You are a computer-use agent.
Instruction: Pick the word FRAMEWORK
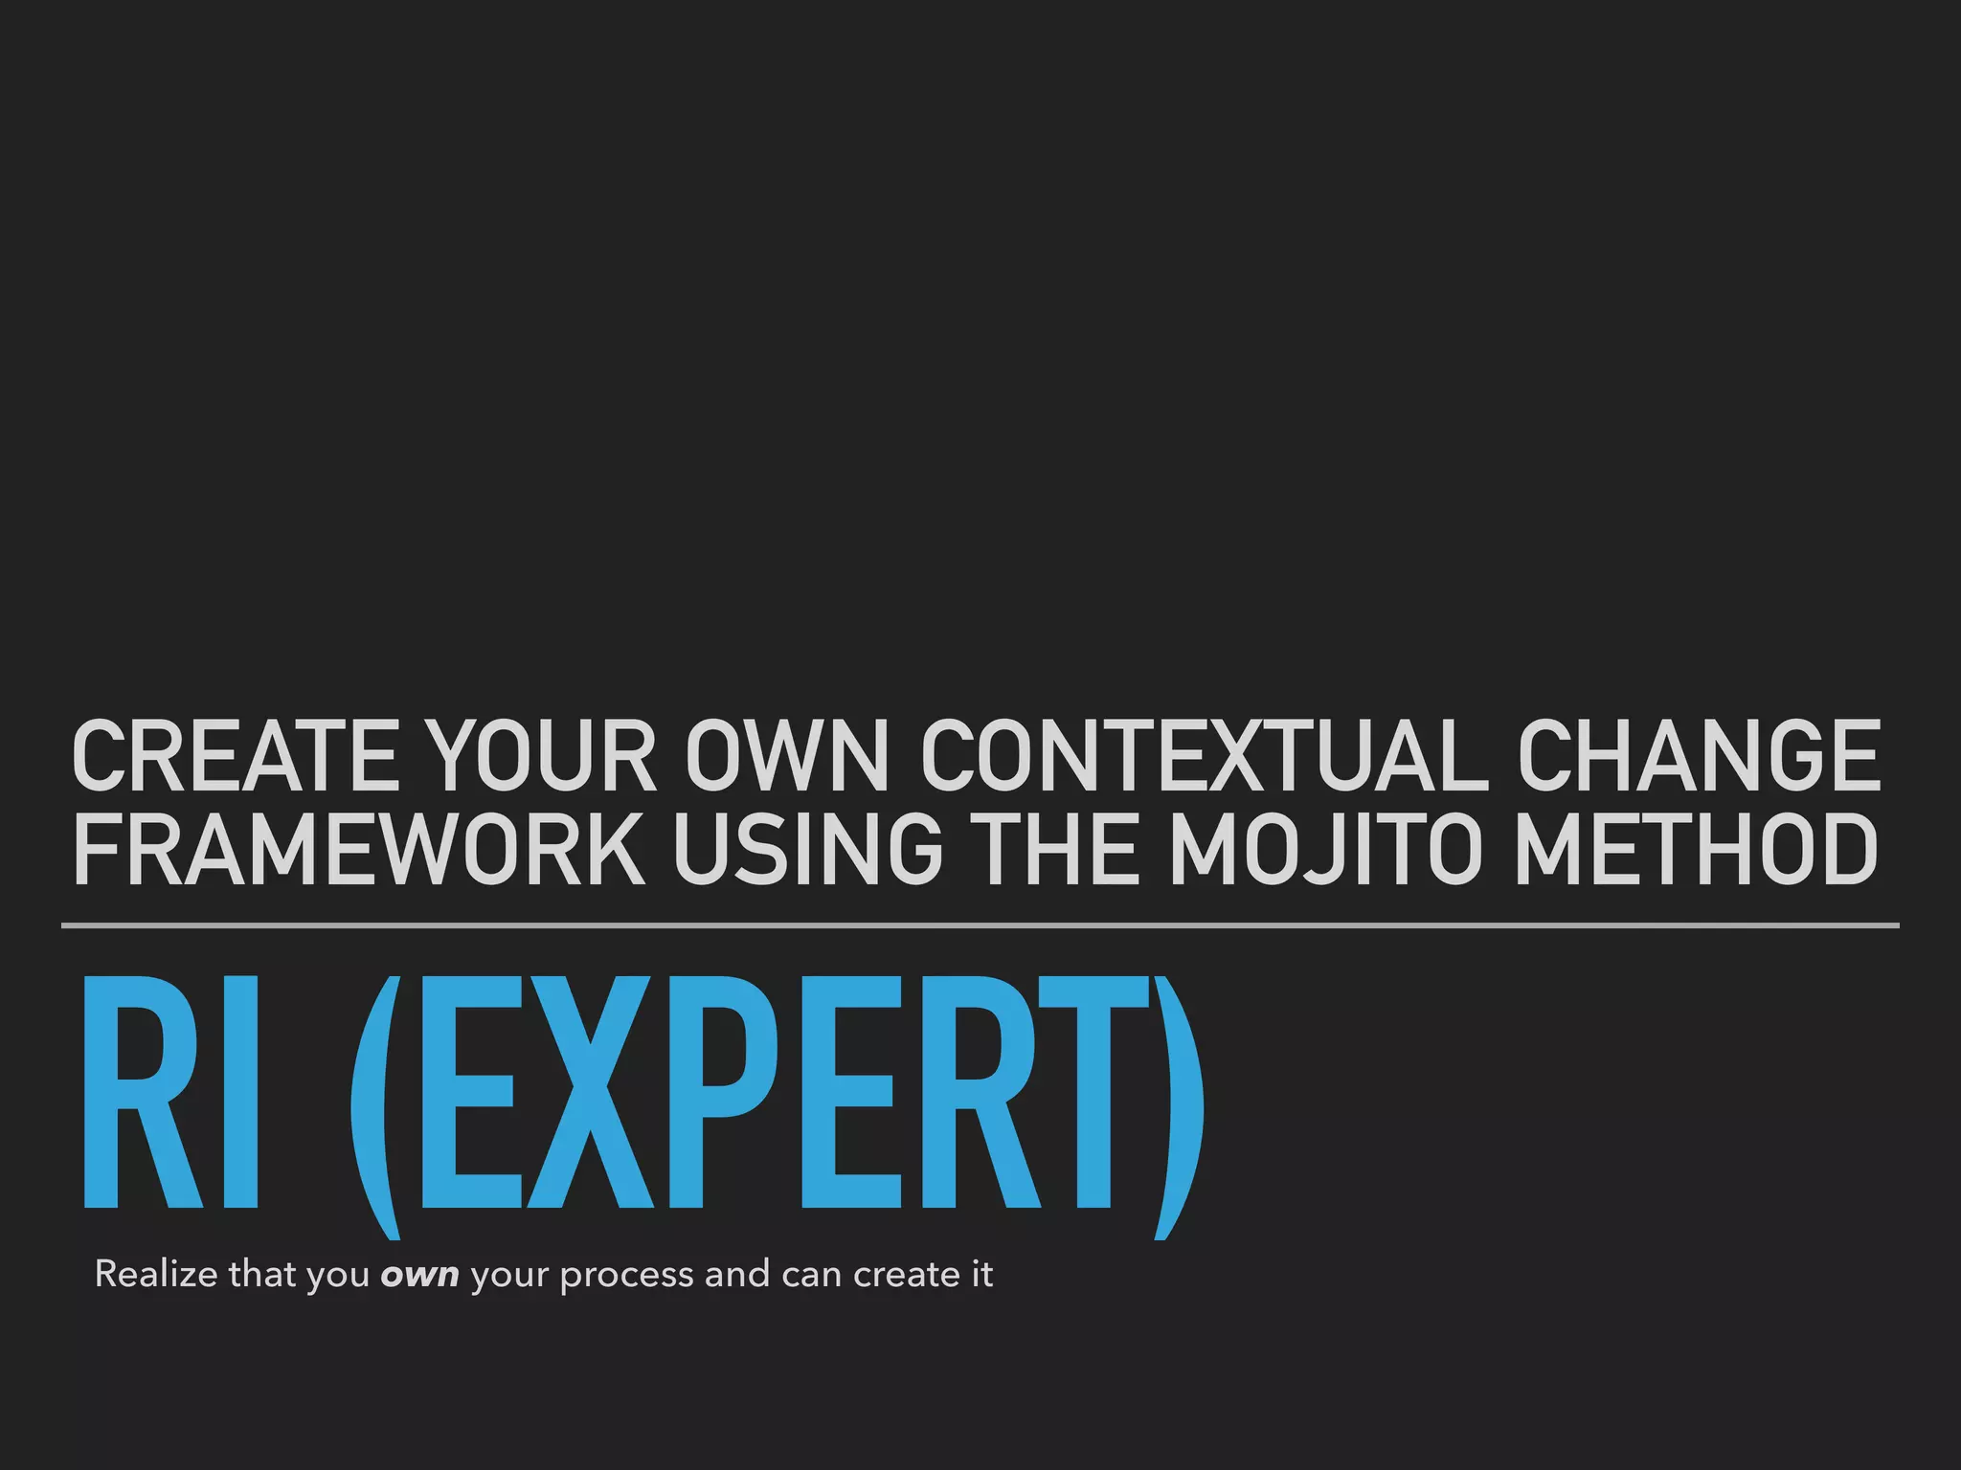coord(358,849)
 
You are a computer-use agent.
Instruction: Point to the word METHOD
coord(1695,849)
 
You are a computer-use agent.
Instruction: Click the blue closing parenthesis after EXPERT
coord(1178,1105)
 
